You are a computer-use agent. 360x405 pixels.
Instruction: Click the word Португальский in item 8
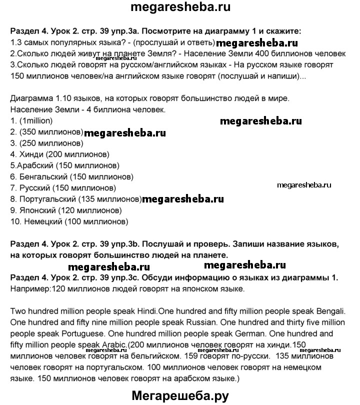(44, 199)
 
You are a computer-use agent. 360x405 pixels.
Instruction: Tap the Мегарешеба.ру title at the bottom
(180, 396)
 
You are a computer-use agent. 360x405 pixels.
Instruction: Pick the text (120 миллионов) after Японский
(91, 210)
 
